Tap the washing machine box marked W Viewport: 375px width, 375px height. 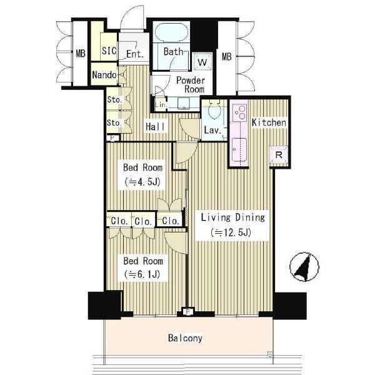(x=202, y=62)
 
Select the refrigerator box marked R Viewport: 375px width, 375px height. (x=279, y=155)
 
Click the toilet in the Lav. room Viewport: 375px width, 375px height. (x=214, y=109)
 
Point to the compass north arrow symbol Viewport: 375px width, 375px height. (x=304, y=266)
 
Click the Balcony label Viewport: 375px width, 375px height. (x=185, y=338)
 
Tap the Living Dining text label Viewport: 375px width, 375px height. (x=233, y=217)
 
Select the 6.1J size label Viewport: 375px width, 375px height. (x=142, y=274)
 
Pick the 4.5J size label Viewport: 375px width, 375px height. (x=142, y=182)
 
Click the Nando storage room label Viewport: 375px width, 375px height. (x=104, y=75)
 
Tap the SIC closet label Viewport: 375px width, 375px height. (x=109, y=51)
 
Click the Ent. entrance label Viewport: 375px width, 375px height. (x=135, y=54)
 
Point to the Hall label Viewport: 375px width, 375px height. (x=156, y=126)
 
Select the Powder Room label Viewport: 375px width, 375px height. (x=191, y=84)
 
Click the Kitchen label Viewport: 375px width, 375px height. (x=269, y=122)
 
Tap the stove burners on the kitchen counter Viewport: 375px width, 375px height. (x=240, y=113)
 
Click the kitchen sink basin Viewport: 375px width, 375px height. (x=239, y=150)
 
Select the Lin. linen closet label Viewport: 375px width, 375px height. (x=160, y=104)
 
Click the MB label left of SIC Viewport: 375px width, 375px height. (x=81, y=53)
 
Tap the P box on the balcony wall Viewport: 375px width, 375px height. (x=187, y=312)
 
